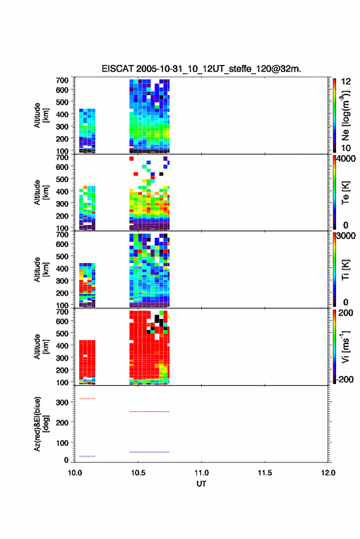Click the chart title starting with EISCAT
[201, 69]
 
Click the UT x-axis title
[201, 484]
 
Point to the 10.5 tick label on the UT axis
[138, 473]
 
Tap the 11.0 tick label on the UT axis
[201, 473]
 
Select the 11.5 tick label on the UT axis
[264, 473]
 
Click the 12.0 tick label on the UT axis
[328, 473]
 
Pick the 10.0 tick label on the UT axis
[75, 473]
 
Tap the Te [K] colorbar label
[345, 193]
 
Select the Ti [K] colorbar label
[345, 270]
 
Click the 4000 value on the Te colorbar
[347, 158]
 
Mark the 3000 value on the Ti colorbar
[347, 235]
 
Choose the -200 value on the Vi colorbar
[345, 379]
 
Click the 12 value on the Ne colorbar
[347, 82]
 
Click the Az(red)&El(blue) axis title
[41, 424]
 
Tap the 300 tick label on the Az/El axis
[62, 402]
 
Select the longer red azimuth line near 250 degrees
[150, 411]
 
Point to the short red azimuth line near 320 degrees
[87, 399]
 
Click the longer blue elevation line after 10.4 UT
[150, 452]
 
